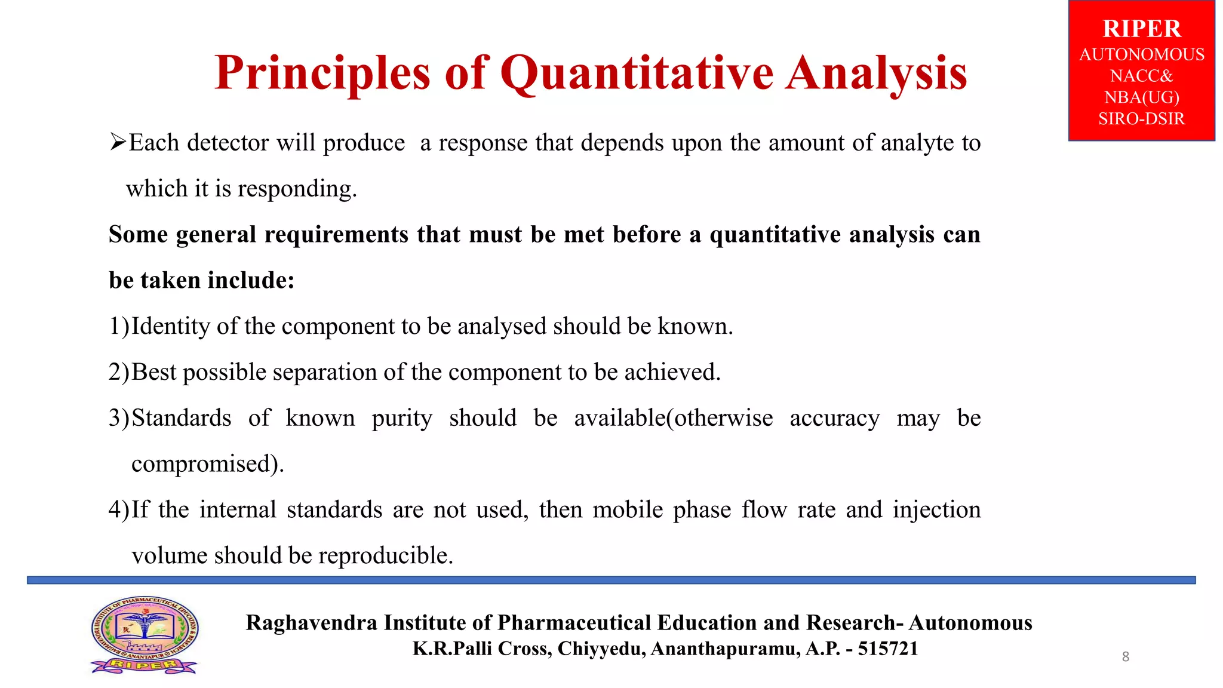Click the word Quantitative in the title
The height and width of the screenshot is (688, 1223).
(x=637, y=74)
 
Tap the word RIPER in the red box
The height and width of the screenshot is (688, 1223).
(x=1141, y=29)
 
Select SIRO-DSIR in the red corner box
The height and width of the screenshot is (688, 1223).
(x=1141, y=118)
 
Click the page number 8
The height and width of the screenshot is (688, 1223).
(x=1125, y=657)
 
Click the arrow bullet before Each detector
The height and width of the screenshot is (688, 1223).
(x=118, y=142)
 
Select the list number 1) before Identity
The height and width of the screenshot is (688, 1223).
(x=118, y=326)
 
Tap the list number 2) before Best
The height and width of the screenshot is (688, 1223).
(x=118, y=372)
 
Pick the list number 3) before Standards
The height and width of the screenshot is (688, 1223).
(x=118, y=418)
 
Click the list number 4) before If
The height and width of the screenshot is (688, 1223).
(x=118, y=509)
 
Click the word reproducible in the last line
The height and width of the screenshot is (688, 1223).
(x=385, y=555)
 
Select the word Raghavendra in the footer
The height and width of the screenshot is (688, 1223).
(x=311, y=622)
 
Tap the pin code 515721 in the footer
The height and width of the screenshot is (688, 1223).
(x=888, y=649)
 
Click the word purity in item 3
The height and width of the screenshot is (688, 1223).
(x=401, y=418)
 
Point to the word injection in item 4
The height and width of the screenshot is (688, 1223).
(x=936, y=509)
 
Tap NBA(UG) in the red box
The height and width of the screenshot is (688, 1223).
(x=1141, y=97)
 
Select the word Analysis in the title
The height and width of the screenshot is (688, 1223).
(x=876, y=74)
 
